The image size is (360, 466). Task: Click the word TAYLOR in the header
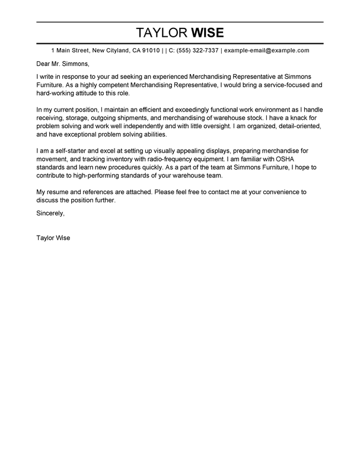(160, 31)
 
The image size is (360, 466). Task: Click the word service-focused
(278, 86)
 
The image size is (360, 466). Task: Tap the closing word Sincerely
(50, 212)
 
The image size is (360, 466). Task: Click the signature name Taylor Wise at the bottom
(57, 241)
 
